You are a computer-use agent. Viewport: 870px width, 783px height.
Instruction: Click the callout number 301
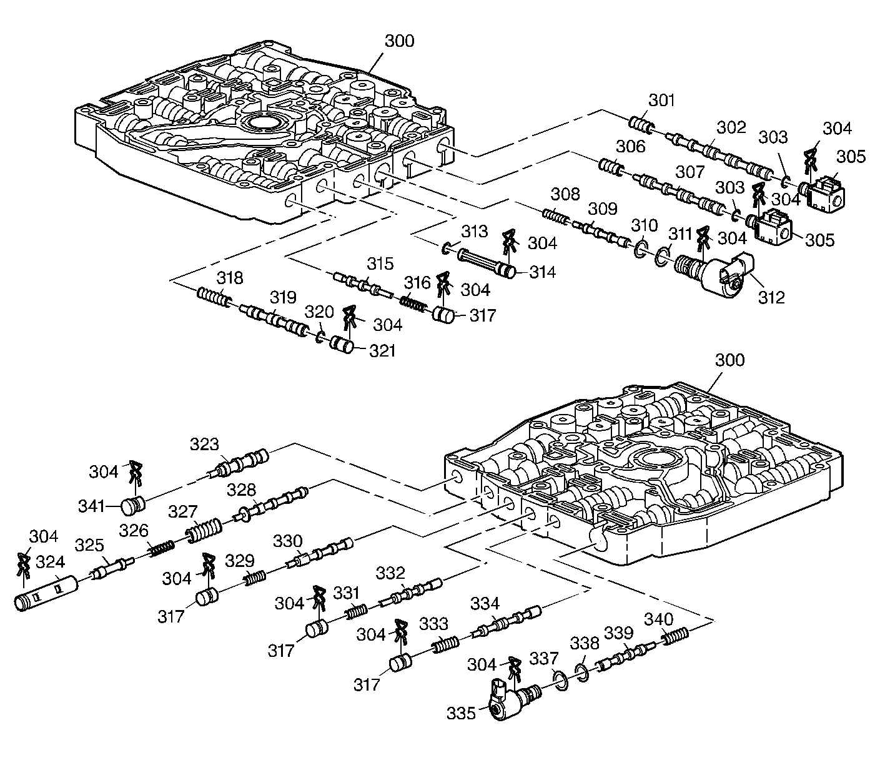point(661,101)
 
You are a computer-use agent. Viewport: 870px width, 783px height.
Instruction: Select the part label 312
point(771,297)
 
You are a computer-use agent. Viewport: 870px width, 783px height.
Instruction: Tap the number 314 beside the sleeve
point(542,272)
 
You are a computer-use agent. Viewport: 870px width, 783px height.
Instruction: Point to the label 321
point(382,351)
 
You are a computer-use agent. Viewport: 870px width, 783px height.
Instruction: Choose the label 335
point(461,714)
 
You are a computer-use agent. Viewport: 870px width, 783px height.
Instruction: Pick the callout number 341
point(91,506)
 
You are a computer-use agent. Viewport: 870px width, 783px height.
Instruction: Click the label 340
point(658,619)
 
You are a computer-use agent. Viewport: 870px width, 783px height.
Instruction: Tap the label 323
point(204,444)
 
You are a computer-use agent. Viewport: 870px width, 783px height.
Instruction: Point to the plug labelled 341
point(133,506)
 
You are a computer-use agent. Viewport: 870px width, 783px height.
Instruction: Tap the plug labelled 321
point(342,345)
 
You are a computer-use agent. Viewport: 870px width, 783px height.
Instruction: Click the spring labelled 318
point(214,297)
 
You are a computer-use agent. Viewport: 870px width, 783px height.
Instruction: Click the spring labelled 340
point(675,636)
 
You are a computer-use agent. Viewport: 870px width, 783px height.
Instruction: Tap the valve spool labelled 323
point(239,464)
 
